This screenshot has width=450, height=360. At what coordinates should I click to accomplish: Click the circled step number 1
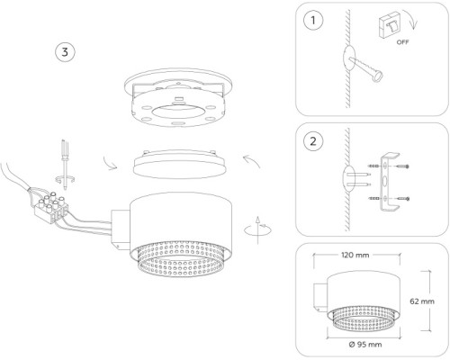coord(313,21)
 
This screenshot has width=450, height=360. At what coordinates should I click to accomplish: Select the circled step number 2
coord(313,141)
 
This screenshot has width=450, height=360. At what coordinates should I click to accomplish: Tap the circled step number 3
coord(65,52)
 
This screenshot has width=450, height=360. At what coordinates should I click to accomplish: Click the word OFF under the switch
coord(402,42)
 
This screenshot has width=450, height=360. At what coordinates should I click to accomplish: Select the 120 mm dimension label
coord(355,255)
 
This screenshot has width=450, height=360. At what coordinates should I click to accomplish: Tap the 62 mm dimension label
coord(422,301)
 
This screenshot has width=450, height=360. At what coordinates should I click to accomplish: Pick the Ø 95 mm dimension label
coord(365,344)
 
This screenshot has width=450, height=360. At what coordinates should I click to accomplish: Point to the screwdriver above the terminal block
coord(65,165)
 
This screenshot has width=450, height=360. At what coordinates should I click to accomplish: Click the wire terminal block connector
coord(51,208)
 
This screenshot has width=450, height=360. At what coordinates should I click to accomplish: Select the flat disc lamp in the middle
coord(179,164)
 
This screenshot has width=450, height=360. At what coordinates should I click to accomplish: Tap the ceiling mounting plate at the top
coord(179,96)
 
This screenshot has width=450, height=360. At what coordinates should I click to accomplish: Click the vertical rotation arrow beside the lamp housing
coord(257,229)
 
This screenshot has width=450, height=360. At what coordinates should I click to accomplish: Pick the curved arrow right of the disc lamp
coord(253,160)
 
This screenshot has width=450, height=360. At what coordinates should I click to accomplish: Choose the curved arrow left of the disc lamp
coord(109,164)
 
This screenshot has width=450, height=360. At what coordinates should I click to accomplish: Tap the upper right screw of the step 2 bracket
coord(402,166)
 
